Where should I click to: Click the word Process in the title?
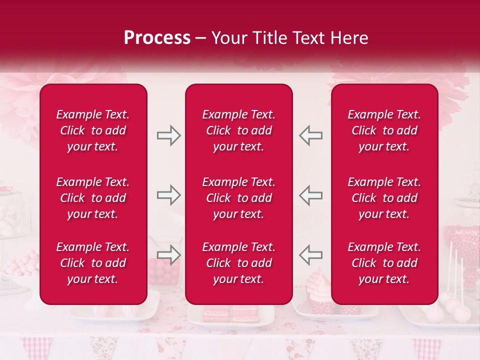pyautogui.click(x=157, y=38)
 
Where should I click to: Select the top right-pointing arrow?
pyautogui.click(x=168, y=135)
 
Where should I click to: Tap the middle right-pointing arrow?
pyautogui.click(x=168, y=195)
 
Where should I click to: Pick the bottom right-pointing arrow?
pyautogui.click(x=168, y=254)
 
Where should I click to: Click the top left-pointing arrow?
pyautogui.click(x=310, y=135)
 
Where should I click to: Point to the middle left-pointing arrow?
pyautogui.click(x=310, y=195)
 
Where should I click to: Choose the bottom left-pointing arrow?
pyautogui.click(x=310, y=254)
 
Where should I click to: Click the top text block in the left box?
pyautogui.click(x=93, y=130)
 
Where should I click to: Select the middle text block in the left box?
pyautogui.click(x=93, y=198)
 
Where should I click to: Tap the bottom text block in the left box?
pyautogui.click(x=93, y=263)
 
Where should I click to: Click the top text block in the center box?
pyautogui.click(x=238, y=130)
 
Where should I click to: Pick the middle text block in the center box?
pyautogui.click(x=238, y=198)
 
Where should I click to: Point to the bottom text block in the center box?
pyautogui.click(x=238, y=263)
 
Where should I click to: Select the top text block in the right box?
pyautogui.click(x=384, y=130)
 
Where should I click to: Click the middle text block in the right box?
pyautogui.click(x=384, y=198)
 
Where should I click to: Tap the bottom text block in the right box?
pyautogui.click(x=384, y=263)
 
